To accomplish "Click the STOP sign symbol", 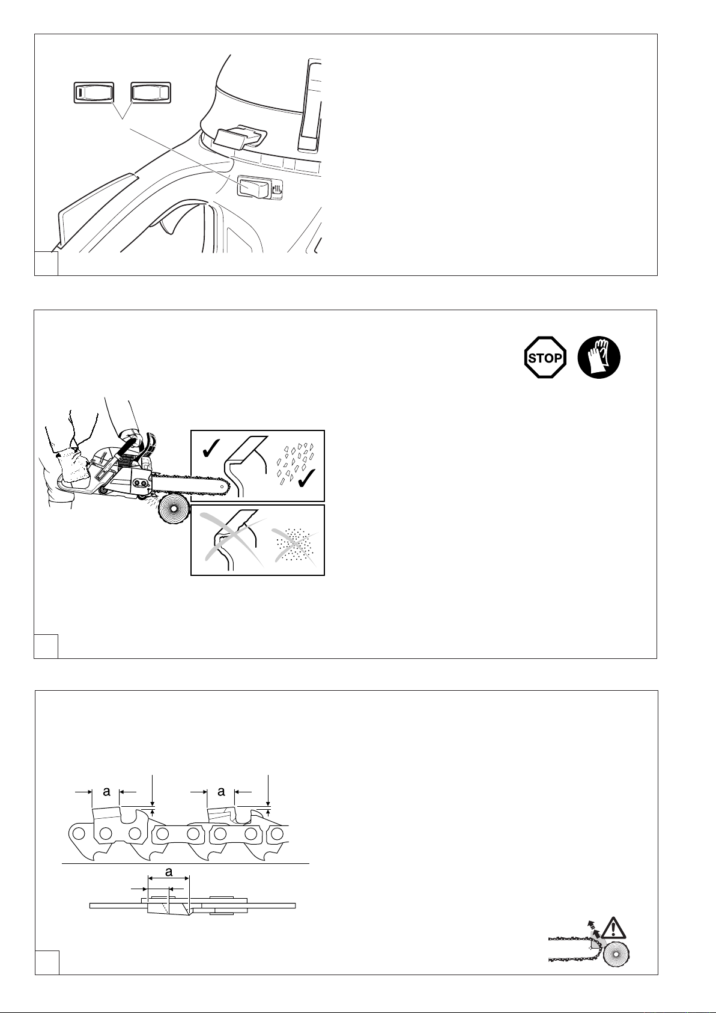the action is pyautogui.click(x=545, y=357).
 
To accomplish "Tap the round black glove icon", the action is pyautogui.click(x=599, y=357).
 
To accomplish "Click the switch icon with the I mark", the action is pyautogui.click(x=94, y=93).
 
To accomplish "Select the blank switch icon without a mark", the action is pyautogui.click(x=151, y=93).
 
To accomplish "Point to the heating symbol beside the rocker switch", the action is pyautogui.click(x=277, y=189).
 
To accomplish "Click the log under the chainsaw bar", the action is pyautogui.click(x=174, y=510).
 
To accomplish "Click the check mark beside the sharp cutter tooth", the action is pyautogui.click(x=210, y=447).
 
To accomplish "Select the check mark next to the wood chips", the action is pyautogui.click(x=307, y=478).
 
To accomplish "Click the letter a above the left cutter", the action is pyautogui.click(x=106, y=791).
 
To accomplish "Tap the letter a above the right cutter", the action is pyautogui.click(x=221, y=791).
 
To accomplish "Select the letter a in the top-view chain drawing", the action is pyautogui.click(x=169, y=872).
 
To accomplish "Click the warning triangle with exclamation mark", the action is pyautogui.click(x=613, y=928).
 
